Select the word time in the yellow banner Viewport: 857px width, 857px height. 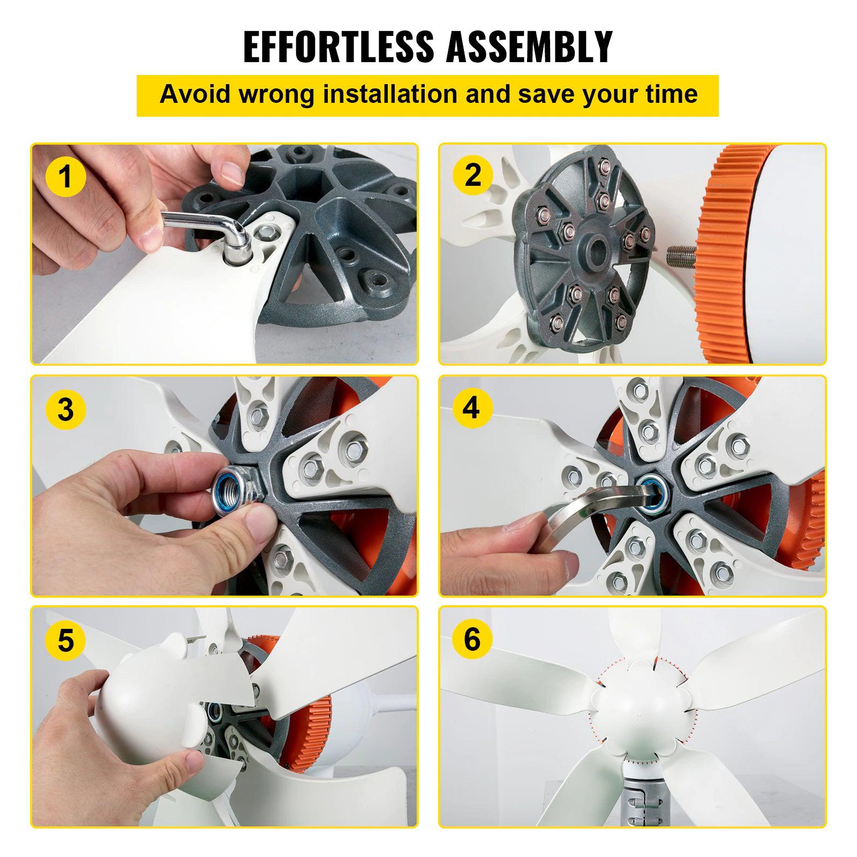pos(673,94)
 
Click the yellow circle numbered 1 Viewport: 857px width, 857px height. pos(65,177)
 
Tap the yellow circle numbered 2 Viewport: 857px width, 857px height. pos(473,175)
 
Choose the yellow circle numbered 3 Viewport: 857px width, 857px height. pos(65,410)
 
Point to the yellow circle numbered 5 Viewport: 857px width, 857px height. pos(65,640)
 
